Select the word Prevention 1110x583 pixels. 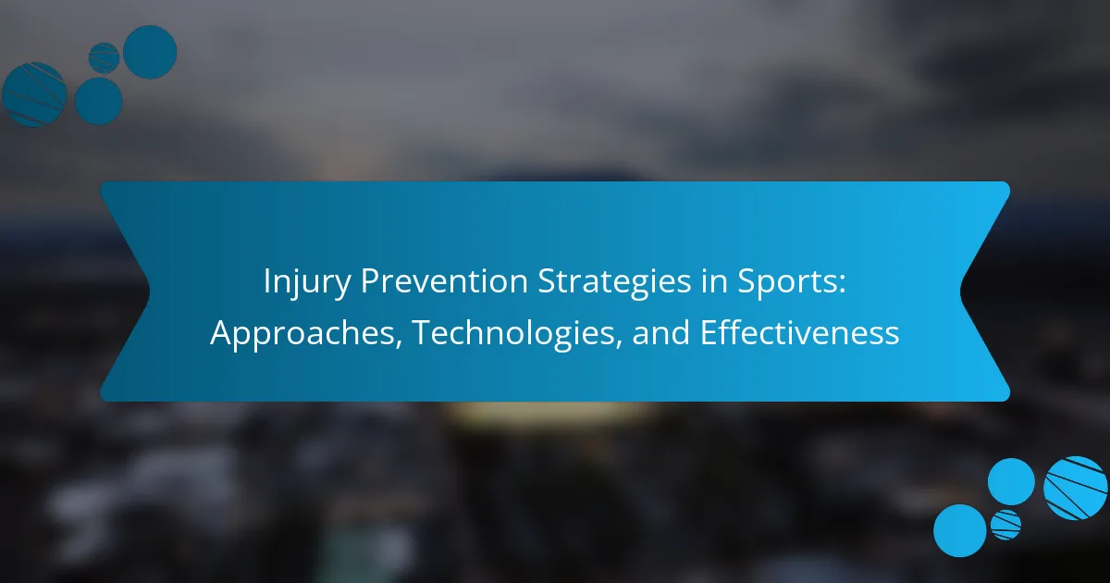click(444, 281)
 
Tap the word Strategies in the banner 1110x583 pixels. click(614, 282)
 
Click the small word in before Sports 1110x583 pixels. click(714, 281)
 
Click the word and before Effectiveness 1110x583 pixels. click(660, 332)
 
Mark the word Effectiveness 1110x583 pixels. click(799, 332)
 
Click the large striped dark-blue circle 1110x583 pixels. click(33, 94)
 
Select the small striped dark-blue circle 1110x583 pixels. click(104, 58)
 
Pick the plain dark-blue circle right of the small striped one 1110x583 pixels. click(150, 52)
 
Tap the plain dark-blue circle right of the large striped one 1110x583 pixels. click(99, 101)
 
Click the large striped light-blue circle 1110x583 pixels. click(1075, 488)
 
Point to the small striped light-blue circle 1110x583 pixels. click(1006, 525)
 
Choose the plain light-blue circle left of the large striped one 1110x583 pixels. click(1011, 482)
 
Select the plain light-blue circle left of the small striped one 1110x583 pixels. click(960, 531)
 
